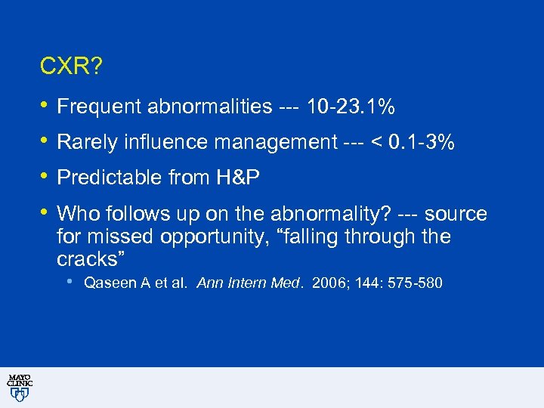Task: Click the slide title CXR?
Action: click(x=71, y=67)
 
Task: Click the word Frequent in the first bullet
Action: click(x=101, y=108)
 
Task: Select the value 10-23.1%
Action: click(x=350, y=108)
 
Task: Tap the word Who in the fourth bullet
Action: click(x=76, y=214)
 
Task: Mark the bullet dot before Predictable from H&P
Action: click(x=44, y=175)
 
